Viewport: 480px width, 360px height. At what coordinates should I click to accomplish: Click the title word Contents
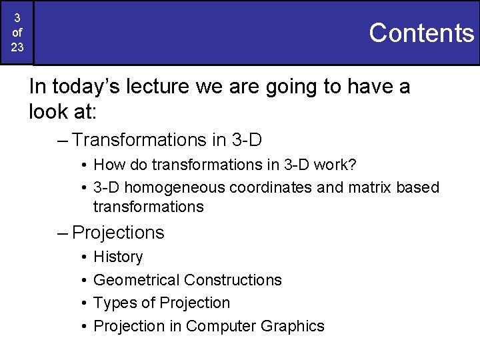click(x=421, y=32)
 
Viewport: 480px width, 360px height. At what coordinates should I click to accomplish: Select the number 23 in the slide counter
click(x=17, y=47)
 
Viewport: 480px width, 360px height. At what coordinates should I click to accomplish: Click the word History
click(x=118, y=257)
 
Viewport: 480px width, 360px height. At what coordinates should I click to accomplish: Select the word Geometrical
click(x=137, y=280)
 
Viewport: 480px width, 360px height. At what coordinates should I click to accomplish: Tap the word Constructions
click(x=233, y=280)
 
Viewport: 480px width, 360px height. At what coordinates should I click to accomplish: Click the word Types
click(x=114, y=303)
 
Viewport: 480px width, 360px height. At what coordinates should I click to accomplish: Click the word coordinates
click(x=271, y=187)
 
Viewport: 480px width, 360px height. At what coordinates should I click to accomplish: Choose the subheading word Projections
click(x=118, y=233)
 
